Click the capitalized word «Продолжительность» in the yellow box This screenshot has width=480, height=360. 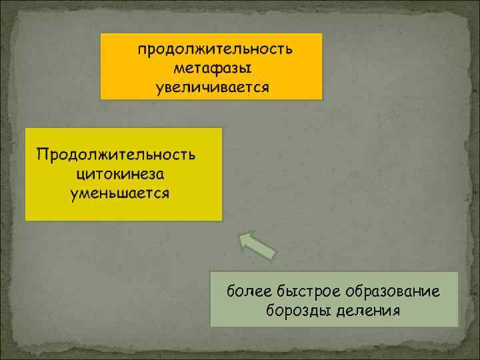pyautogui.click(x=117, y=155)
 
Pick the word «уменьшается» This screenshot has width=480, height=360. pyautogui.click(x=120, y=193)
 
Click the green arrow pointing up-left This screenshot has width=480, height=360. pyautogui.click(x=257, y=245)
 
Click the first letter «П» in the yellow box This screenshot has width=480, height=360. pyautogui.click(x=42, y=155)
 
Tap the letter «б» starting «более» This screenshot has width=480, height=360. pyautogui.click(x=231, y=291)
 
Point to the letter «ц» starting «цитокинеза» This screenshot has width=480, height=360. pyautogui.click(x=81, y=175)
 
